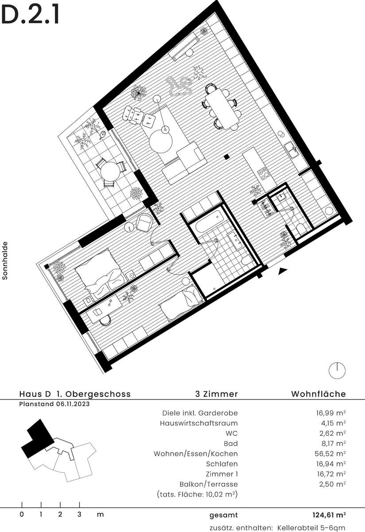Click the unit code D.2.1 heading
pos(30,16)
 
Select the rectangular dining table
pos(221,109)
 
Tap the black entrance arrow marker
pos(283,271)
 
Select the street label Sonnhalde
pos(5,261)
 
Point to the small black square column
pos(227,156)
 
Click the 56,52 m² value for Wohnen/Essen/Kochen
pos(330,454)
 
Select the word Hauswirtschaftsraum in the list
pos(198,423)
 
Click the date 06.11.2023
pos(73,404)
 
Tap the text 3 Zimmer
pos(216,394)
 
